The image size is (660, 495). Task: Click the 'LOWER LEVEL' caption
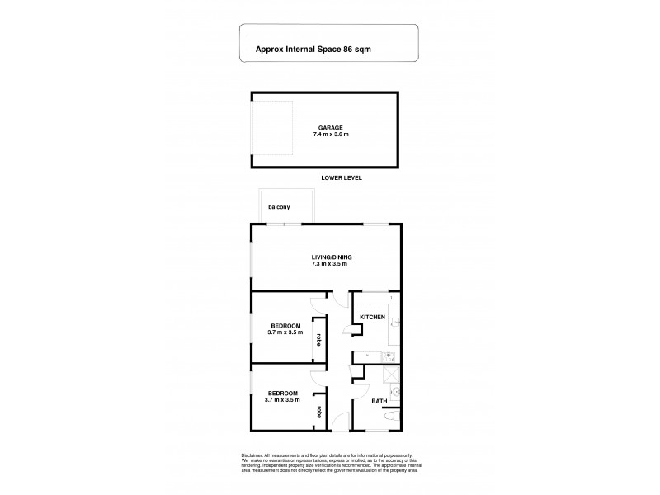pyautogui.click(x=341, y=177)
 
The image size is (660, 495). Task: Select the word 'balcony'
pyautogui.click(x=278, y=207)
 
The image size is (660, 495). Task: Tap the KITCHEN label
pyautogui.click(x=372, y=317)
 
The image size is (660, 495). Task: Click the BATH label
pyautogui.click(x=378, y=402)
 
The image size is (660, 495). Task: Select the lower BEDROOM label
pyautogui.click(x=283, y=393)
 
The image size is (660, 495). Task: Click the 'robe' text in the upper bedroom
pyautogui.click(x=318, y=340)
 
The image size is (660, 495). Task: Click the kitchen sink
pyautogui.click(x=392, y=358)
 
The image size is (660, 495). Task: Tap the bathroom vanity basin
pyautogui.click(x=395, y=394)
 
